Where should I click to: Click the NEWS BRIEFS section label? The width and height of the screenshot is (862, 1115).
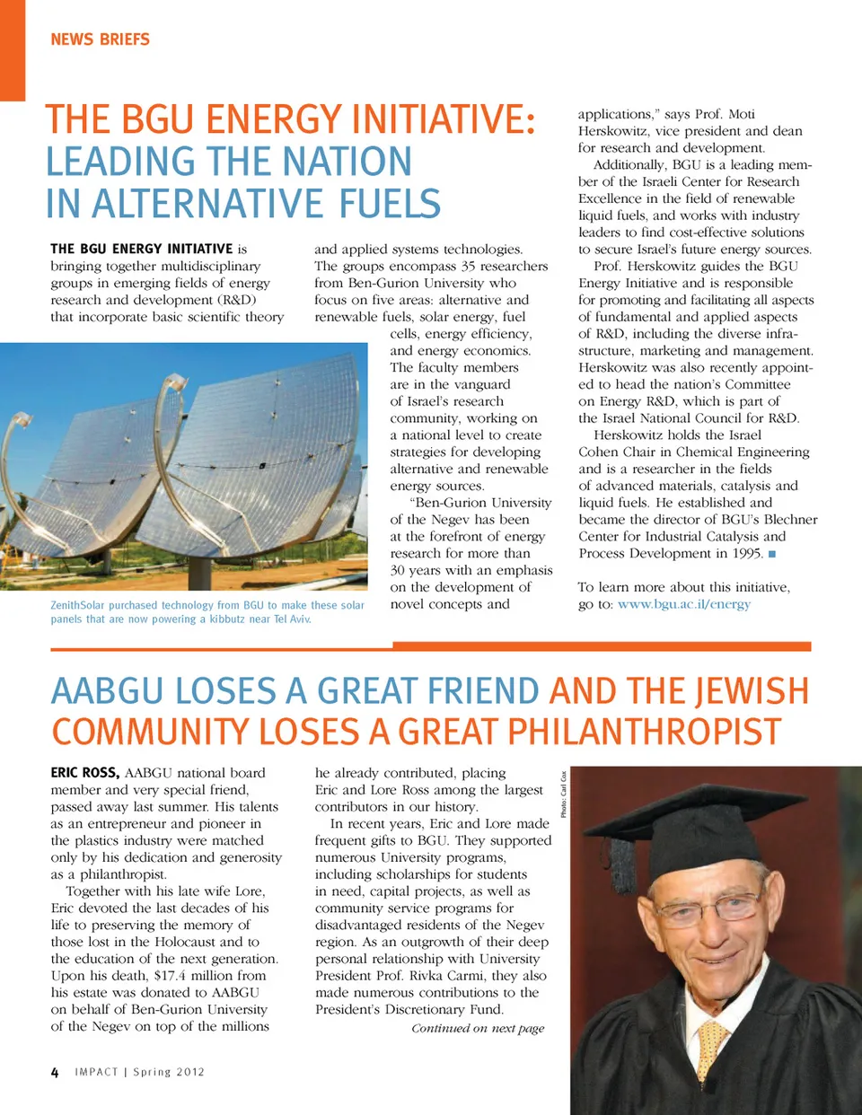click(100, 40)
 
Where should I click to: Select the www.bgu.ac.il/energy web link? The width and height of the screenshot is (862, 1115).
click(683, 604)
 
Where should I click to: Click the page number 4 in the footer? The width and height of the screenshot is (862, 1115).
click(55, 1072)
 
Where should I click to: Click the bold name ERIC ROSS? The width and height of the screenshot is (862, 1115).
click(84, 772)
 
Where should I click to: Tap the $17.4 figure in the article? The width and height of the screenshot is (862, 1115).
click(177, 976)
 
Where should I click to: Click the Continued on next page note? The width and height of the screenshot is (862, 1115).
click(478, 1029)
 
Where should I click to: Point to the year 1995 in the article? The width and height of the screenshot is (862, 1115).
click(746, 554)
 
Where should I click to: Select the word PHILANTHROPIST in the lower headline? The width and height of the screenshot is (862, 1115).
click(644, 732)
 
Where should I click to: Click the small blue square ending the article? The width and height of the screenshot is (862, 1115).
click(772, 554)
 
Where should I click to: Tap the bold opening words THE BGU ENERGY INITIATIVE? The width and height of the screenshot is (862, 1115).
click(142, 249)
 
